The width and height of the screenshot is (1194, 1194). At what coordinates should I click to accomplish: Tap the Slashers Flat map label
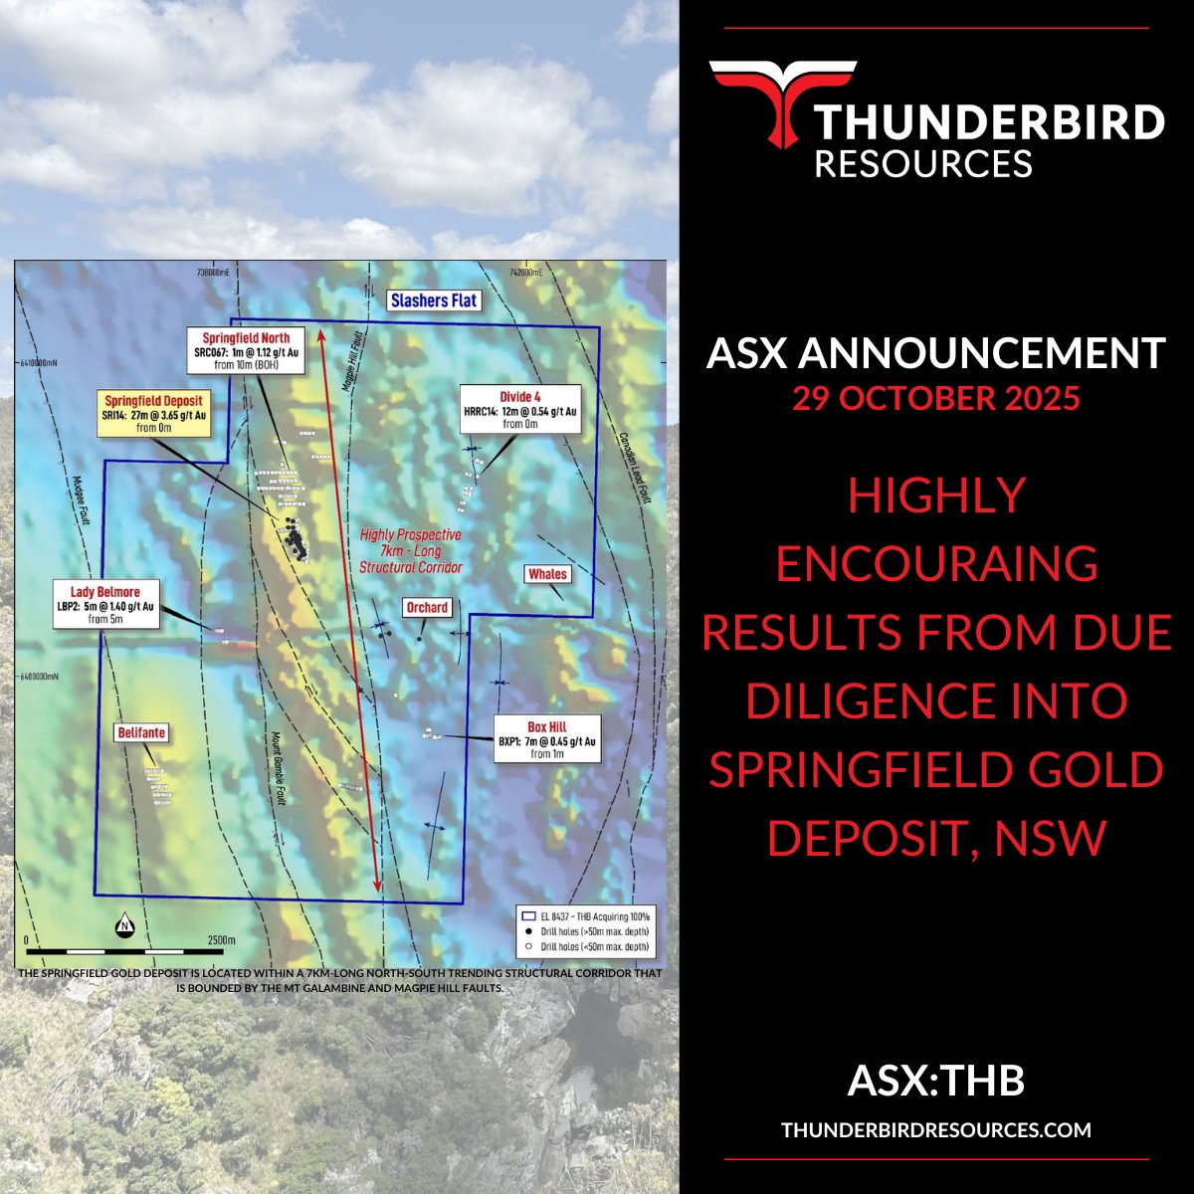(x=434, y=299)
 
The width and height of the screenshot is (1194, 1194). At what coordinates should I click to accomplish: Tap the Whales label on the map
(x=547, y=574)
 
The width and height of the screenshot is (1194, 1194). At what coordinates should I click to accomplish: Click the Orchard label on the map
(x=426, y=607)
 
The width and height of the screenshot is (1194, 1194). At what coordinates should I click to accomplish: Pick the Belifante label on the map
(x=140, y=733)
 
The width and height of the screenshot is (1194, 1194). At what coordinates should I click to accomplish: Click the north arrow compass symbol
(x=125, y=924)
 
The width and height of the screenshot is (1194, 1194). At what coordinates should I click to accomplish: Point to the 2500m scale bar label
(x=221, y=939)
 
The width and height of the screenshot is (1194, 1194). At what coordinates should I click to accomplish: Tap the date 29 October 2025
(x=936, y=398)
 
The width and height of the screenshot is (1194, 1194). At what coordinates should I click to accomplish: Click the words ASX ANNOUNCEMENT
(x=936, y=353)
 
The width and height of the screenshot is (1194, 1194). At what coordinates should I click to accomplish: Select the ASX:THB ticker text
(x=935, y=1081)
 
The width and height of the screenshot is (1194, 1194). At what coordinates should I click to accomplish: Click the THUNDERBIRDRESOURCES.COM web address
(x=936, y=1130)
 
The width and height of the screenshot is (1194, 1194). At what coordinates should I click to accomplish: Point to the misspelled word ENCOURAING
(x=936, y=563)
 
